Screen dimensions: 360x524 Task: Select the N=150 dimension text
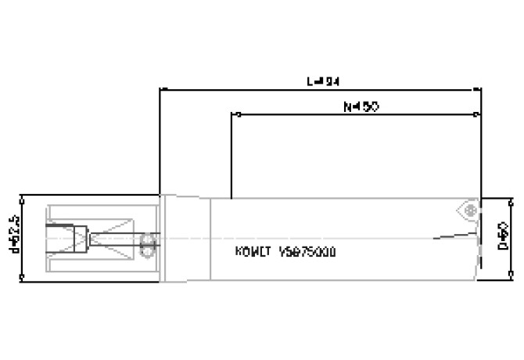tap(361, 107)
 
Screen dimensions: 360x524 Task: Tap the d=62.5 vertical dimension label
tap(13, 235)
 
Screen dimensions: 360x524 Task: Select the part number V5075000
tap(308, 253)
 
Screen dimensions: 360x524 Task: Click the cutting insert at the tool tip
tap(468, 211)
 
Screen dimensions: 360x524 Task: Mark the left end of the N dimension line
tap(233, 115)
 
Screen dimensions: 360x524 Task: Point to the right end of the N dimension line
tap(480, 115)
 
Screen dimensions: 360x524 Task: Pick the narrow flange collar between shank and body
tap(165, 236)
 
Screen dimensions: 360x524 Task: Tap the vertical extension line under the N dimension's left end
tap(233, 157)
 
